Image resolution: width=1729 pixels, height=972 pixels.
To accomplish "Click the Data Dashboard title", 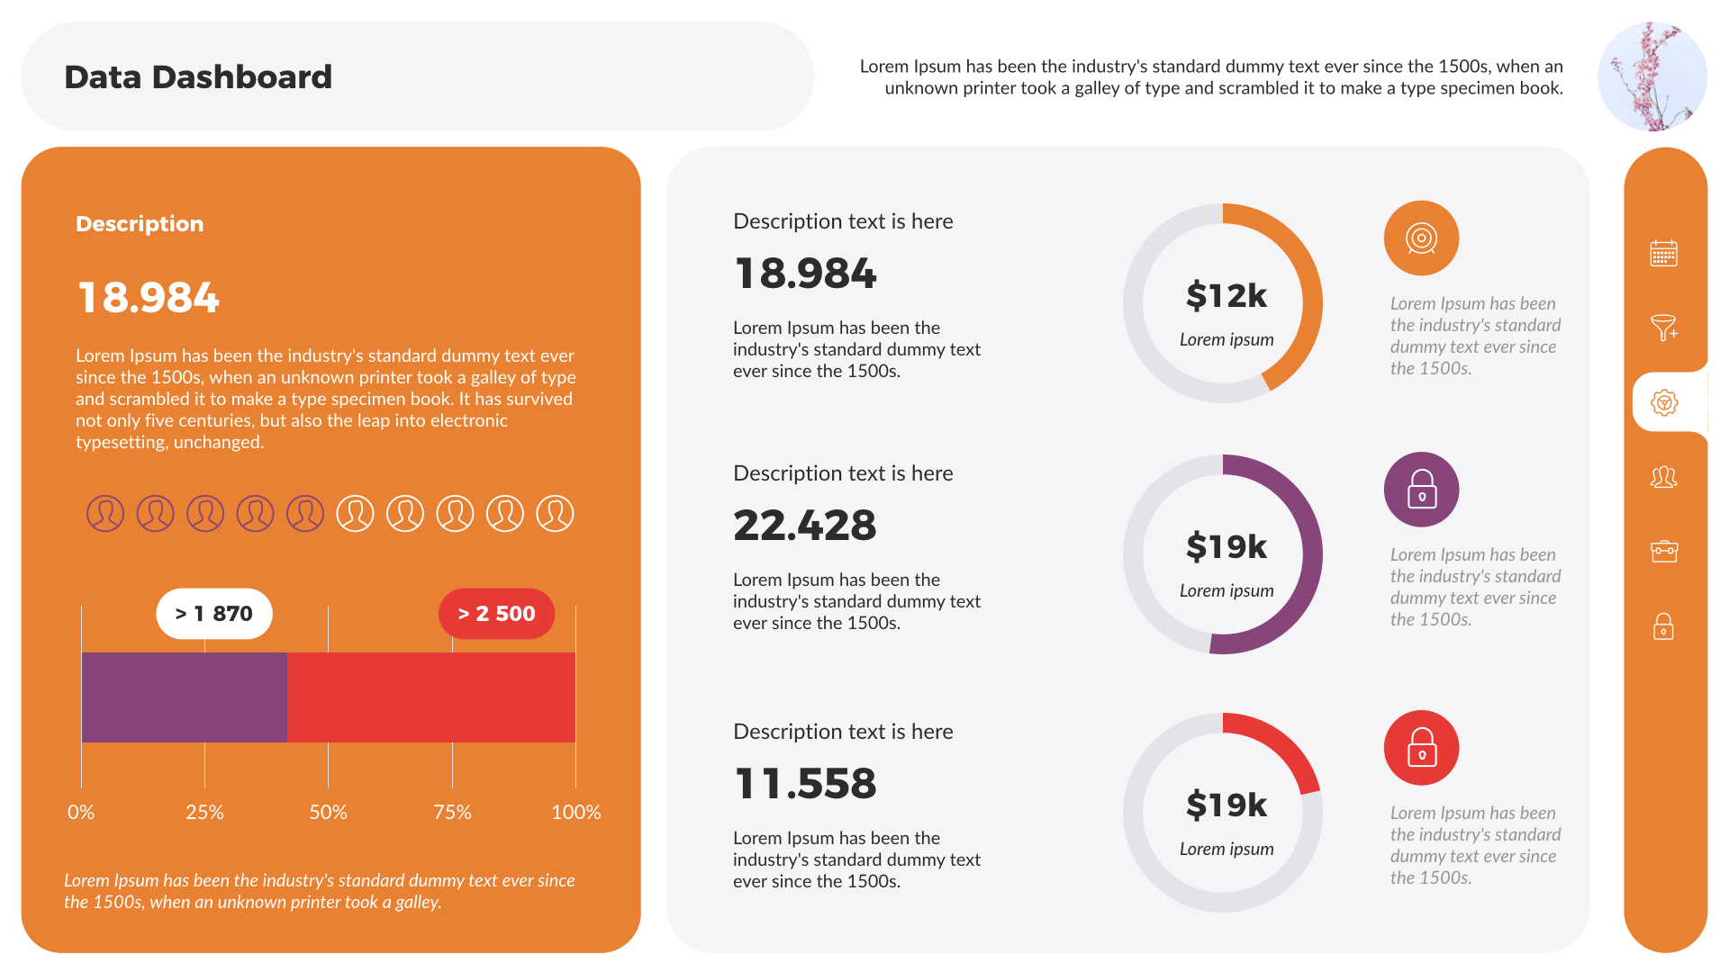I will point(198,77).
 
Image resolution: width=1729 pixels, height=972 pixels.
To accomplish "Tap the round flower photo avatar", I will point(1652,76).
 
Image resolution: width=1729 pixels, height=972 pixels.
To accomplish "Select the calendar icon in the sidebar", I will point(1663,253).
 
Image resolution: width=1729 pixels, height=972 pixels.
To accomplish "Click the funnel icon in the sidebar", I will point(1663,328).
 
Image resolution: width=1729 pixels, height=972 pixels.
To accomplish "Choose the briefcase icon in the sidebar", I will point(1663,551).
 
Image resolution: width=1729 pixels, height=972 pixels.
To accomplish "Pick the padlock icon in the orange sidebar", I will point(1663,626).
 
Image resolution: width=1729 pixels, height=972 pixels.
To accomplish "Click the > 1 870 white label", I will point(214,614).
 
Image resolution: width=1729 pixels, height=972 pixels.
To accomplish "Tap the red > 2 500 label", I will point(496,614).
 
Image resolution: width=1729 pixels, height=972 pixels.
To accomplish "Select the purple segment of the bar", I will point(184,697).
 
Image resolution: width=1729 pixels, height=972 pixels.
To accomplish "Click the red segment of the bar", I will point(430,697).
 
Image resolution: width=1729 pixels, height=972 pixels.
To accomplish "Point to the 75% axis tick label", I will point(452,812).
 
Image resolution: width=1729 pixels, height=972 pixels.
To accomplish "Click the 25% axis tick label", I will point(204,812).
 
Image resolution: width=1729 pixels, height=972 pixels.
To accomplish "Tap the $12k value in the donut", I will point(1226,295).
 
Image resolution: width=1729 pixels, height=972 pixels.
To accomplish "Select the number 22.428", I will point(804,526).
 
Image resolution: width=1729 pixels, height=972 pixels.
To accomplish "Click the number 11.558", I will point(804,784).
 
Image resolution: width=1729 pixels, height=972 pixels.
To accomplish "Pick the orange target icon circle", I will point(1421,238).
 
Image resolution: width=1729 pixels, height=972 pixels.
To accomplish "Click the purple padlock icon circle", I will point(1421,490).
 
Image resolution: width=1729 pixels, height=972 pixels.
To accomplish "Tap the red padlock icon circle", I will point(1421,748).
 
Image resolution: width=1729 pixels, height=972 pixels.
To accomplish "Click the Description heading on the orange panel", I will point(140,224).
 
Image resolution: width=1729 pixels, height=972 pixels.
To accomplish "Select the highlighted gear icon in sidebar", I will point(1663,402).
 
